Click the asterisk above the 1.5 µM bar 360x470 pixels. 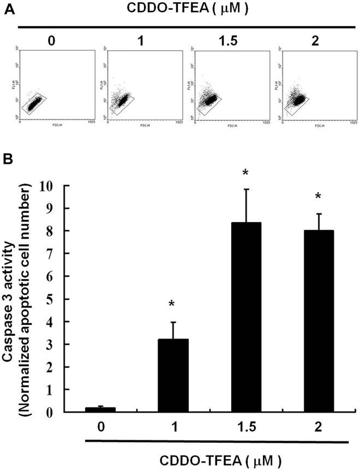click(247, 173)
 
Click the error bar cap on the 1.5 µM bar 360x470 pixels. click(247, 189)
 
